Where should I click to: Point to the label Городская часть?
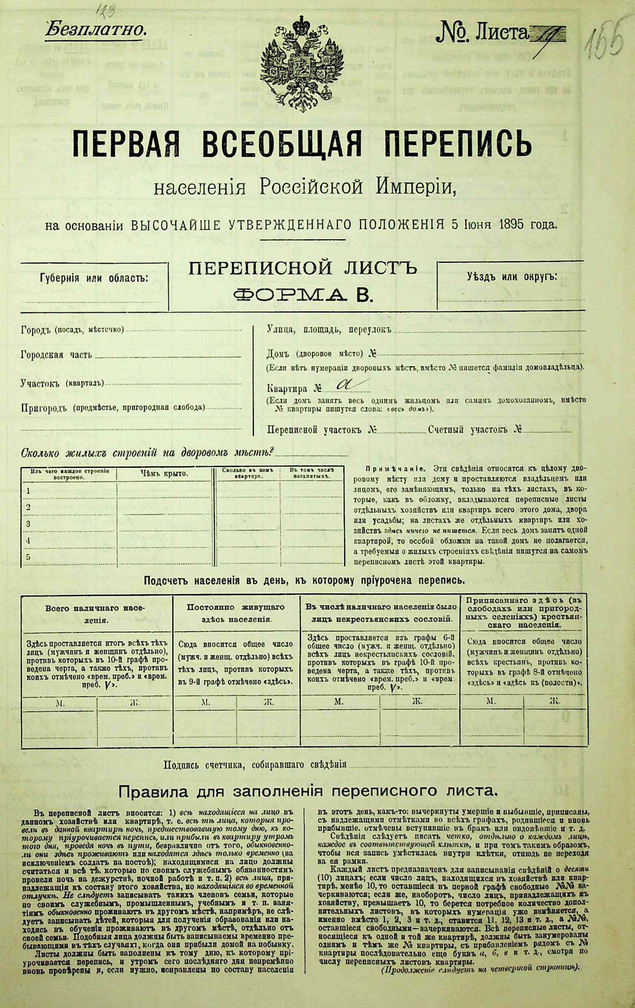click(57, 355)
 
